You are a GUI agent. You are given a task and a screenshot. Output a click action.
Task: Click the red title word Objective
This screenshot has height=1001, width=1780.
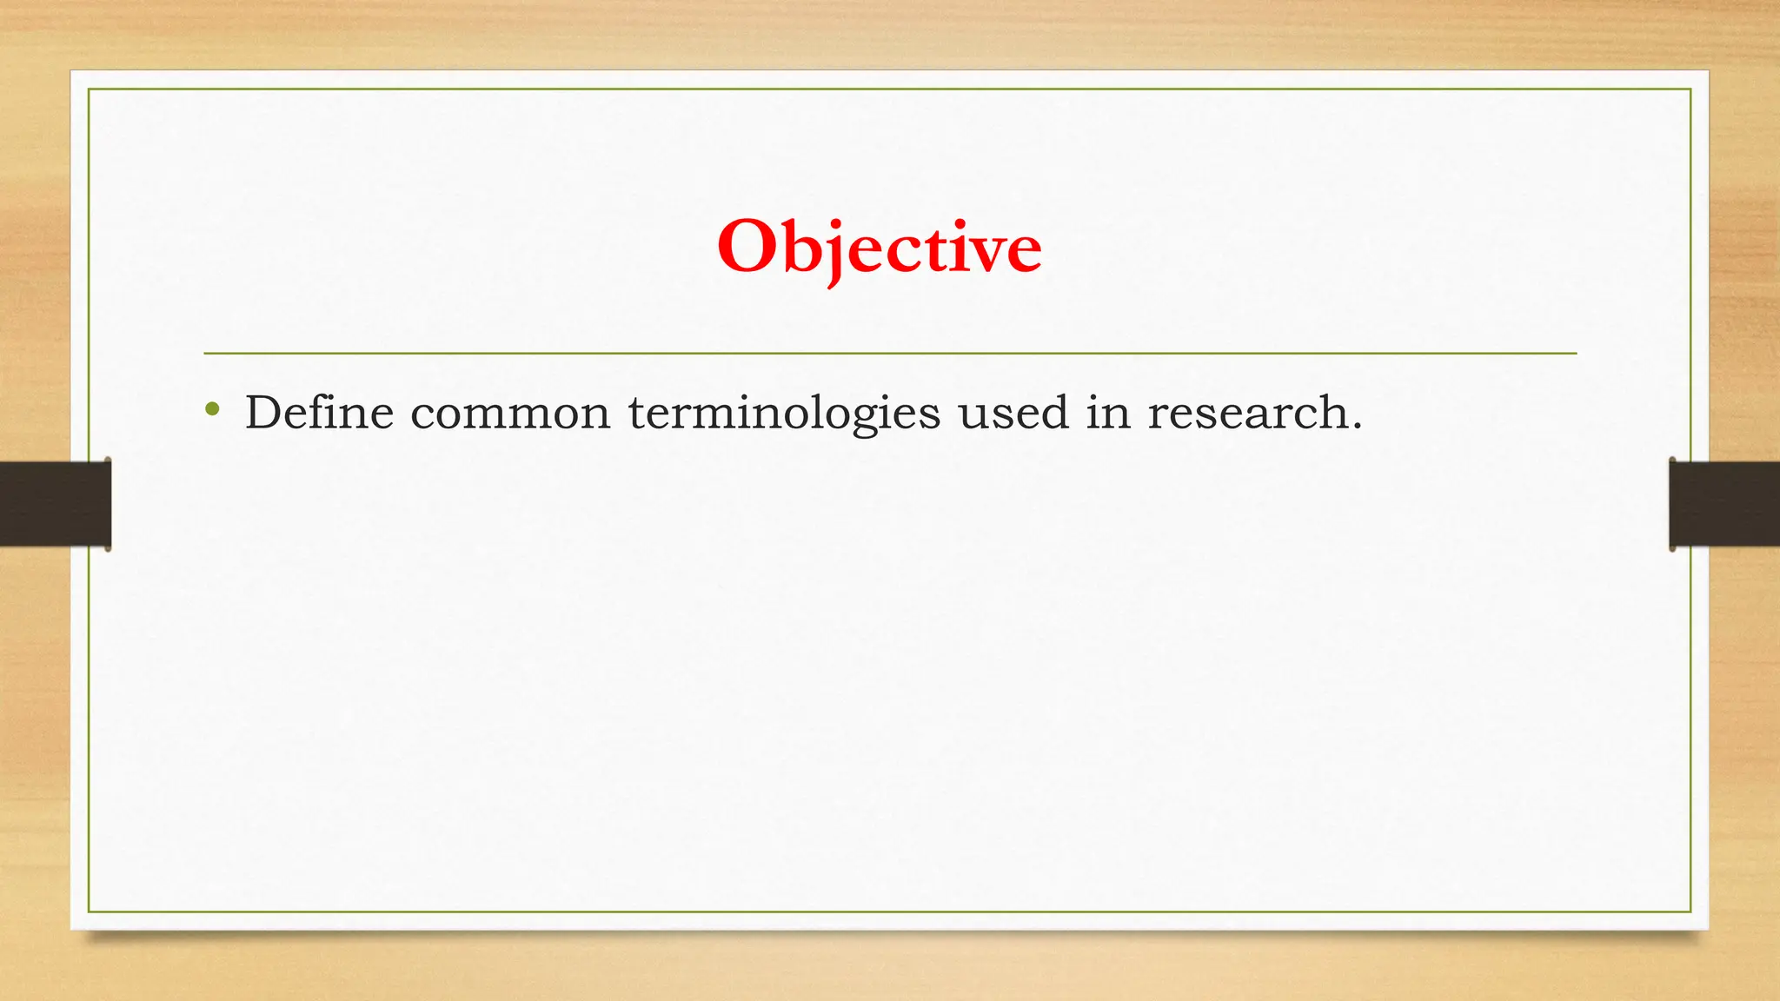point(879,248)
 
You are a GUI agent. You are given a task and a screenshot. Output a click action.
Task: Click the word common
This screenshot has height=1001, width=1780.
point(510,414)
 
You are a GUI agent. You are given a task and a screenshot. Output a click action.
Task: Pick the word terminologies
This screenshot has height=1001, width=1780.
point(784,414)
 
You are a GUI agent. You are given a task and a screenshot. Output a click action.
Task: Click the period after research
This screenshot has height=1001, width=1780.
point(1356,427)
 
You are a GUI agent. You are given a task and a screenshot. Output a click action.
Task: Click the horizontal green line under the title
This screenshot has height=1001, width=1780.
point(890,354)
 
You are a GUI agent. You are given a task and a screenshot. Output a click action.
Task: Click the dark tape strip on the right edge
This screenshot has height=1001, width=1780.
point(1724,504)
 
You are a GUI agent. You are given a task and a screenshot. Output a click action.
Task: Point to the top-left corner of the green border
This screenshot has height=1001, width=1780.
point(89,89)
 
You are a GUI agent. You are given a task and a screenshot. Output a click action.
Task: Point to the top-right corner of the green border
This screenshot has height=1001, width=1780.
point(1690,89)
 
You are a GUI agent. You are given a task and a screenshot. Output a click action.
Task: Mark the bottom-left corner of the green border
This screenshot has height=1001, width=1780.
point(89,912)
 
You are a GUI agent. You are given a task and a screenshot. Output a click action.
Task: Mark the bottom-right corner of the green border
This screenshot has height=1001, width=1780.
point(1690,912)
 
